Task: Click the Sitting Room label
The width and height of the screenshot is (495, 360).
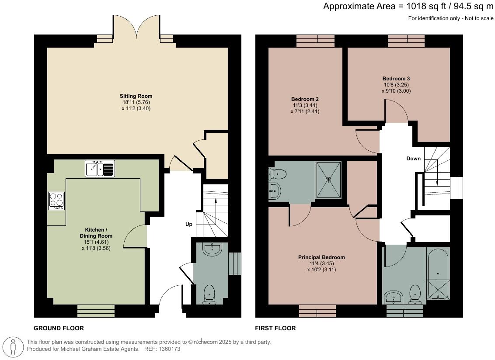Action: tap(136, 96)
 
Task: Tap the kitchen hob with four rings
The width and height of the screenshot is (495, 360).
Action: tap(56, 201)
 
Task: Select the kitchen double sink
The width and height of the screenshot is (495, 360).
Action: tap(100, 168)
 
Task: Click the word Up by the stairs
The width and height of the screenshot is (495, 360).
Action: tap(189, 224)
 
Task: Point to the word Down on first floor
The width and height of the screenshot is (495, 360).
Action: tap(413, 159)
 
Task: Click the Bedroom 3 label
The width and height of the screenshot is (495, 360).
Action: tap(396, 79)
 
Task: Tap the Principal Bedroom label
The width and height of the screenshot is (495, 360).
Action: tap(321, 257)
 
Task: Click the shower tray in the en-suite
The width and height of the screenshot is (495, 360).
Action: tap(328, 179)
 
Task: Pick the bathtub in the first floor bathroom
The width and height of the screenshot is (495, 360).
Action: tap(438, 274)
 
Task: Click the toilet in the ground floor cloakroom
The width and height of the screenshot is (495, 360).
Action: tap(210, 294)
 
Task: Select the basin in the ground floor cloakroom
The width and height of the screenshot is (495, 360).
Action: tap(213, 249)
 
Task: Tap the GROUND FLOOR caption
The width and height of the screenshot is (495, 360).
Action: tap(59, 328)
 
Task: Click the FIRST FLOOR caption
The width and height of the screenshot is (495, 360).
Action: tap(275, 328)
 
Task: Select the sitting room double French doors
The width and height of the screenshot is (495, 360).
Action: tap(136, 27)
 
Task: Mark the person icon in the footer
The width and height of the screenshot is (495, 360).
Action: tap(14, 346)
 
